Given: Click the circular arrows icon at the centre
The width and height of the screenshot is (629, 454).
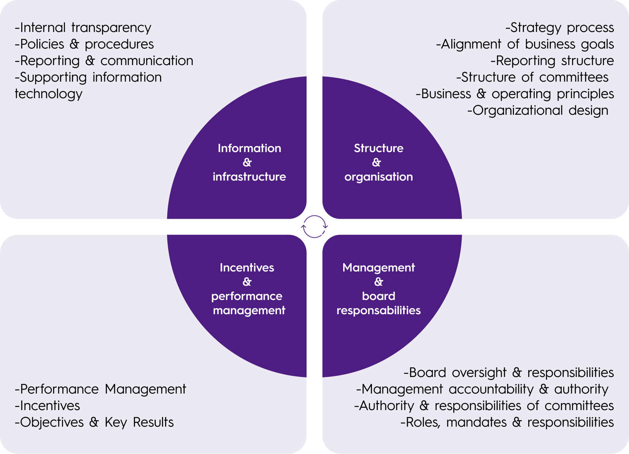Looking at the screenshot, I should tap(314, 226).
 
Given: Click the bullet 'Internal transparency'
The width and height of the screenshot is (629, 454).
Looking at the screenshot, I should tap(83, 28).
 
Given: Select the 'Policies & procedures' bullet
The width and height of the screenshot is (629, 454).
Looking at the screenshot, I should tap(84, 44).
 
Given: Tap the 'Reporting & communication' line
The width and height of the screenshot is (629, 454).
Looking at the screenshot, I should tap(104, 61).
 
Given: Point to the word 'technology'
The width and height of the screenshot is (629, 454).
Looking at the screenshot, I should tap(48, 94).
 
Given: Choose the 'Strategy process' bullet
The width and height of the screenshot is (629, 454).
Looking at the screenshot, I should tap(560, 28).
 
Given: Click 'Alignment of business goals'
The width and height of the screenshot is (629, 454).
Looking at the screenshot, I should tap(525, 44).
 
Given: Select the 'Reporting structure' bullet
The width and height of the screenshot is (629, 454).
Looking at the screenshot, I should tap(552, 61).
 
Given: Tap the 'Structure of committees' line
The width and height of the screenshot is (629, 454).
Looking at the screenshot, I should tap(532, 77).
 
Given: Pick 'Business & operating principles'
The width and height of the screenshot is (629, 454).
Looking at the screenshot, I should tap(515, 94).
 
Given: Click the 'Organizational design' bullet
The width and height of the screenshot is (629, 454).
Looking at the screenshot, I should tap(538, 111).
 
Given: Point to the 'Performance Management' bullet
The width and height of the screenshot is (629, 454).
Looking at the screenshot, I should tap(100, 389).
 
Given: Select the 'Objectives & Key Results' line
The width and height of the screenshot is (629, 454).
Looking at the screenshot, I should tap(94, 422).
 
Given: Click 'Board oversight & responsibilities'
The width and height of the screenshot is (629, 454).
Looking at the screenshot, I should tap(509, 373).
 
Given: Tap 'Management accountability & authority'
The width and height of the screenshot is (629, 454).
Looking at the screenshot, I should tap(482, 389).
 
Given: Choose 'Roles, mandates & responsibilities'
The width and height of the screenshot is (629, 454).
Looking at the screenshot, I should tap(507, 422).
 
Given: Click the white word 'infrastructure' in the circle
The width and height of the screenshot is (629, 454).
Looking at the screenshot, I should tap(249, 177).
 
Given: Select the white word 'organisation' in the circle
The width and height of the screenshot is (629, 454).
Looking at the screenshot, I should tap(379, 177).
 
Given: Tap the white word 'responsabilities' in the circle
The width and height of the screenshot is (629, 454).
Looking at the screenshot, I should tap(379, 310).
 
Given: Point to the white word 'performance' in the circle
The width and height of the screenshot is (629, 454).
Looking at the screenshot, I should tap(247, 296).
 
